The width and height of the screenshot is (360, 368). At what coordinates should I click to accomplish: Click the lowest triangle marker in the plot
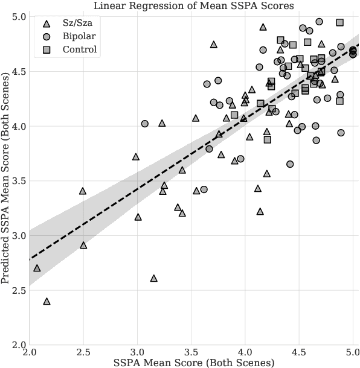click(47, 301)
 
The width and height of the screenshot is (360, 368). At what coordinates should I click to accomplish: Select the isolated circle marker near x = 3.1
click(144, 124)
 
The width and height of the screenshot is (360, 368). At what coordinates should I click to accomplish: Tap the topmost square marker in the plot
click(340, 22)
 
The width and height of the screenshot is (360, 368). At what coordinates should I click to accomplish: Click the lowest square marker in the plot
click(268, 139)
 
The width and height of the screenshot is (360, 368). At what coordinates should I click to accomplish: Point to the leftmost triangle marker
click(37, 268)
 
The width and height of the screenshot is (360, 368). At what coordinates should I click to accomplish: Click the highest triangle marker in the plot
click(263, 27)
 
